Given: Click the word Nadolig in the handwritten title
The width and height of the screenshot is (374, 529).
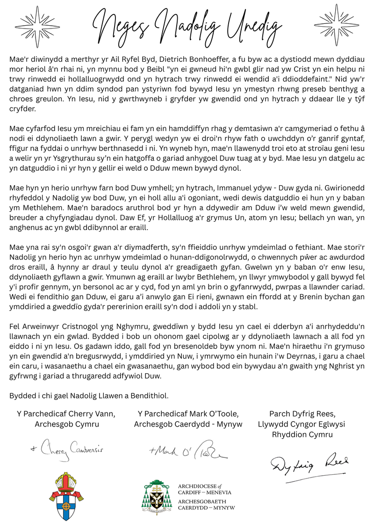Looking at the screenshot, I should click(x=187, y=23).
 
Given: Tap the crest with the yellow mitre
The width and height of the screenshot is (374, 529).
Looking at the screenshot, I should click(x=65, y=497).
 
